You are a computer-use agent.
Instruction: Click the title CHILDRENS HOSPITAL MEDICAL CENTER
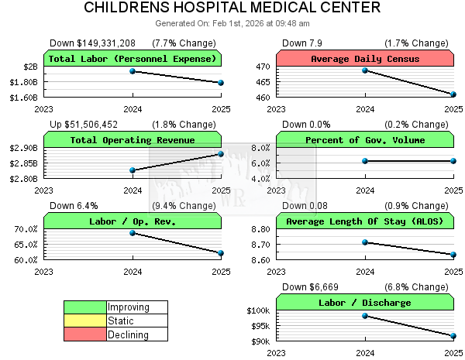pos(232,9)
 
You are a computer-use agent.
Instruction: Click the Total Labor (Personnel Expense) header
pos(133,59)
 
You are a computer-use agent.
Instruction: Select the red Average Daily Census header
pos(364,59)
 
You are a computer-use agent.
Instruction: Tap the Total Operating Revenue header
pos(133,140)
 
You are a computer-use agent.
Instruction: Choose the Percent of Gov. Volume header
pos(364,140)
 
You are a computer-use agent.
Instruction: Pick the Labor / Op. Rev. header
pos(133,221)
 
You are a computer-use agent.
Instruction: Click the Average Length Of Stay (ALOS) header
pos(364,221)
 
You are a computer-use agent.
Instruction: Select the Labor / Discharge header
pos(364,303)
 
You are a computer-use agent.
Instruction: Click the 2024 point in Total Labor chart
pos(133,71)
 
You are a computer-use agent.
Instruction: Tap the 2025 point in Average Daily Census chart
pos(453,94)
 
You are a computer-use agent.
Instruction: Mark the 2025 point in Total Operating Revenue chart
pos(221,154)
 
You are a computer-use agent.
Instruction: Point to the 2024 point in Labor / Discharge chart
pos(365,316)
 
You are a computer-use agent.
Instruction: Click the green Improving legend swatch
pos(85,307)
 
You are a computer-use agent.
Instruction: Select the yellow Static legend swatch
pos(85,321)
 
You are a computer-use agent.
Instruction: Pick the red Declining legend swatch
pos(85,334)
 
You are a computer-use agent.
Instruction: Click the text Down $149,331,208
pos(92,43)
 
